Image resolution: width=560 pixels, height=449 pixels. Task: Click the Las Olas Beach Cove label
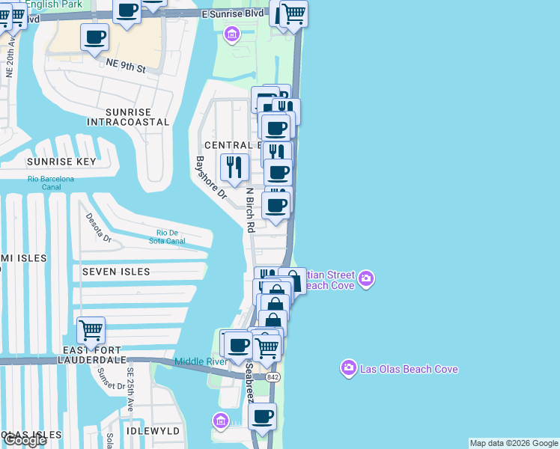point(410,369)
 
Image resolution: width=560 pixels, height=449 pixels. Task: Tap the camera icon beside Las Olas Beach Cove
point(348,368)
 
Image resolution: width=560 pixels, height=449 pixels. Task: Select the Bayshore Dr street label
point(210,177)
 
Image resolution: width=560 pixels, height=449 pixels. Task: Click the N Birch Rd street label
point(251,210)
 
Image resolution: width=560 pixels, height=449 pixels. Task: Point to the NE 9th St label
point(125,67)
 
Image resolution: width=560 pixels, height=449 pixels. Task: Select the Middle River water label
point(201,362)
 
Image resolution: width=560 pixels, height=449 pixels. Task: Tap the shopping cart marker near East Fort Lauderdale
point(91,330)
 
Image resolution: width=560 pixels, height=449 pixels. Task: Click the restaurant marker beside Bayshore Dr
point(234,167)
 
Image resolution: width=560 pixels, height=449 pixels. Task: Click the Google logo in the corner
point(25,440)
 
